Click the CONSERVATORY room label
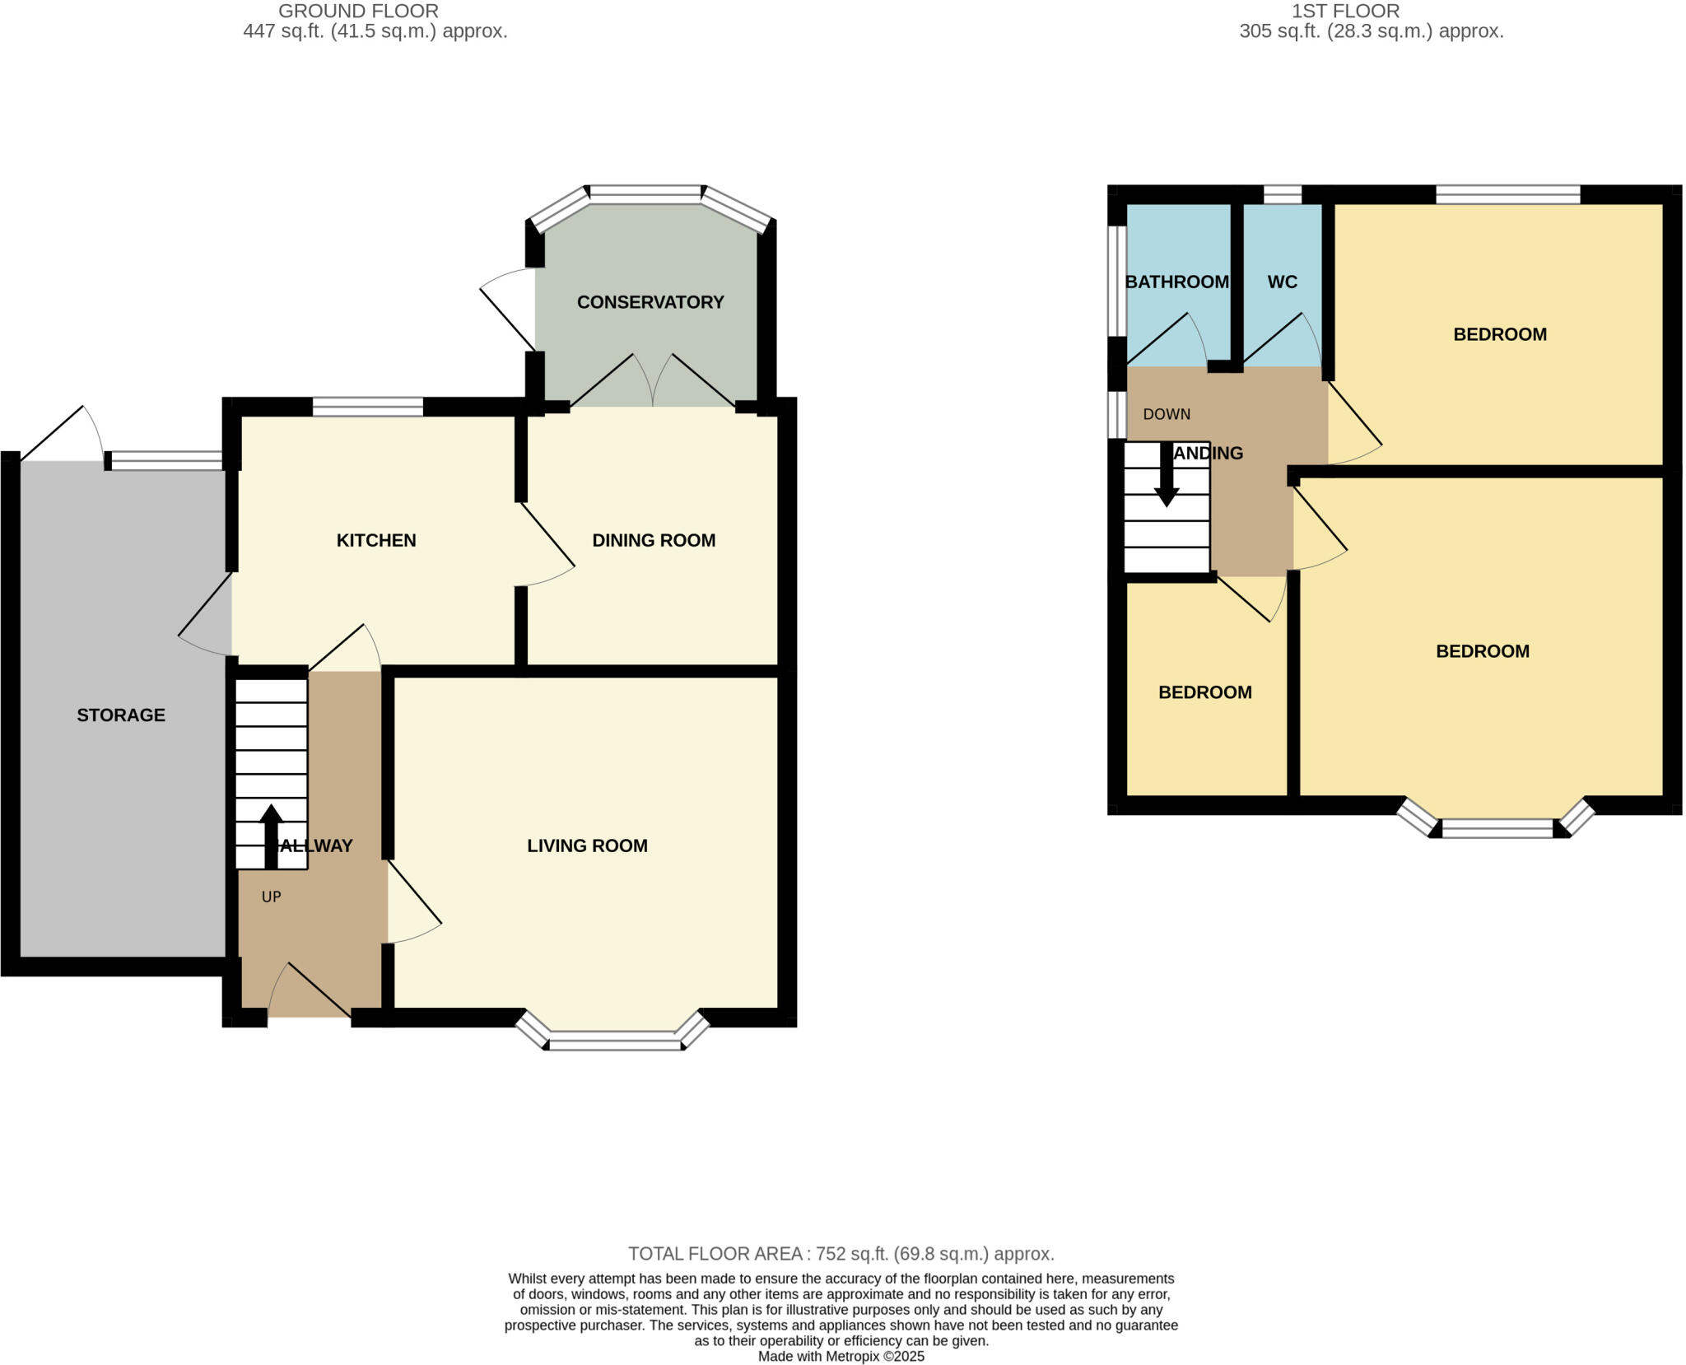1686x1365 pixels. tap(650, 302)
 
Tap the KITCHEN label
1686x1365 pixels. tap(376, 540)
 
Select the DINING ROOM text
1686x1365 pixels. tap(654, 540)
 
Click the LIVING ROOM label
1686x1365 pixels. tap(587, 846)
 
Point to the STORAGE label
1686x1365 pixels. tap(121, 715)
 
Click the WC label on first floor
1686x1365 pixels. tap(1282, 282)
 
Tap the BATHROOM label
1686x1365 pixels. tap(1176, 282)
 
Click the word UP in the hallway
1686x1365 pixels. tap(271, 897)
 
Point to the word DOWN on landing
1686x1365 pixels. tap(1167, 414)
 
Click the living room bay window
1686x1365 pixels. tap(615, 1043)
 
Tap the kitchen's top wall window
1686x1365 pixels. tap(367, 407)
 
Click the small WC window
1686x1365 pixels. tap(1282, 194)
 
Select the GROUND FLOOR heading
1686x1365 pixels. tap(358, 12)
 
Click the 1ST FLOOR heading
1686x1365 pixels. tap(1345, 12)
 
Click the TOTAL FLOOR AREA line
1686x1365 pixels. tap(841, 1253)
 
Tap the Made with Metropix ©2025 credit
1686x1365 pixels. tap(841, 1356)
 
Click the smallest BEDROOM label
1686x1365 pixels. tap(1204, 692)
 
